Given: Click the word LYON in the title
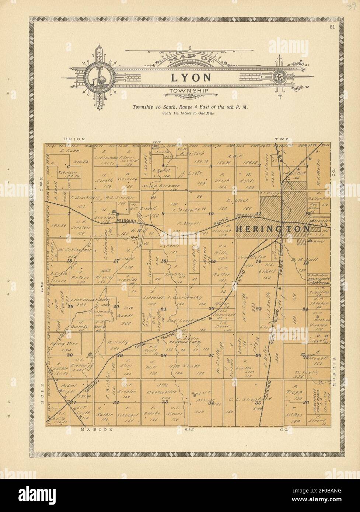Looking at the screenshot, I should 191,77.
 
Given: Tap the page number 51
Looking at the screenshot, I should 332,26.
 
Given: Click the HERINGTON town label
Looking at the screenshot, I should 272,229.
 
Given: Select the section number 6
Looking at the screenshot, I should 68,166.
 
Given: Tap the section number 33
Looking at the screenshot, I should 164,402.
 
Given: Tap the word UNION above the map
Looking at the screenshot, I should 75,139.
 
